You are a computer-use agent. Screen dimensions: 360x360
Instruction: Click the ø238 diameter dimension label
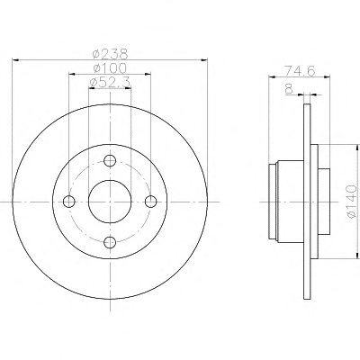tap(110, 54)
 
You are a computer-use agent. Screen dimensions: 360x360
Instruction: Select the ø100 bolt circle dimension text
tap(110, 68)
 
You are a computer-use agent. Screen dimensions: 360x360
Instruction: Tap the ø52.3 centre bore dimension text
tap(110, 82)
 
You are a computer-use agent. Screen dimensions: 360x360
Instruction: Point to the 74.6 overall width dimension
tap(300, 71)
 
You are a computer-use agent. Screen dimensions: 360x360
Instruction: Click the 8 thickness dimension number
tap(289, 89)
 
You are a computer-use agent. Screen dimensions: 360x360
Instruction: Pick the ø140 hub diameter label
tap(352, 202)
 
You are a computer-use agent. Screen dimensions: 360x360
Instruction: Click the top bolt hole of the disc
tap(110, 160)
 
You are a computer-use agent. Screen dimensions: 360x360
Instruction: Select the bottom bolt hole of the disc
tap(110, 242)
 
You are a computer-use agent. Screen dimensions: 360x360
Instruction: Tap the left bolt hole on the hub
tap(69, 202)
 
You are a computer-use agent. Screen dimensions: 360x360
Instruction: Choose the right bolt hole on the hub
tap(150, 202)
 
